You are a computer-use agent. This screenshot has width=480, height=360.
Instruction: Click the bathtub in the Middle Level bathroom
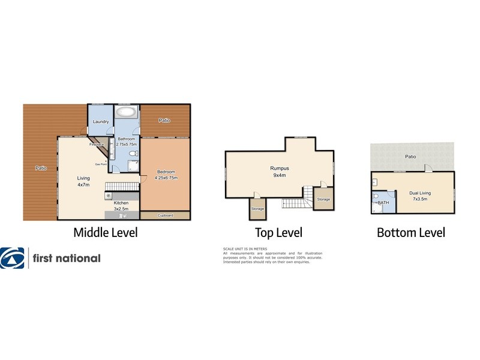pyautogui.click(x=126, y=112)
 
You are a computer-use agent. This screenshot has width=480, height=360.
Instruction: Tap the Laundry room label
pyautogui.click(x=101, y=122)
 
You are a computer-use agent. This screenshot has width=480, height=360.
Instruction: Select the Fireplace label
pyautogui.click(x=97, y=145)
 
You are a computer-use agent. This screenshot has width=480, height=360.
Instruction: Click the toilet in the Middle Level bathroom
pyautogui.click(x=135, y=155)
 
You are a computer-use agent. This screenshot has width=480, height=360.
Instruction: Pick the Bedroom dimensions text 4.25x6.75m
pyautogui.click(x=166, y=178)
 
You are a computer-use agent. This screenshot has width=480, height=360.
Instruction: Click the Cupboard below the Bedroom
pyautogui.click(x=165, y=215)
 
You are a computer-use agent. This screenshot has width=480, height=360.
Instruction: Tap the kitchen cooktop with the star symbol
pyautogui.click(x=109, y=196)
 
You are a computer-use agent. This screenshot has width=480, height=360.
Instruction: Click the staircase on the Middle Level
pyautogui.click(x=122, y=186)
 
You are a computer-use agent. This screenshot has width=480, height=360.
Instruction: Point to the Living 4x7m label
pyautogui.click(x=83, y=181)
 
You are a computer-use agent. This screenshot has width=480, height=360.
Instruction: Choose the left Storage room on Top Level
pyautogui.click(x=257, y=208)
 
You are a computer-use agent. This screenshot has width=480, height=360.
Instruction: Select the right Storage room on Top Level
pyautogui.click(x=323, y=199)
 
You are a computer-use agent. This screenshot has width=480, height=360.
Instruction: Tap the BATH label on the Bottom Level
pyautogui.click(x=383, y=203)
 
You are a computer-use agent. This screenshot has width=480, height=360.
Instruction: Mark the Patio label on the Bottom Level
pyautogui.click(x=410, y=157)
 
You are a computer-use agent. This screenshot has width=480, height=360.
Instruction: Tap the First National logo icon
pyautogui.click(x=13, y=258)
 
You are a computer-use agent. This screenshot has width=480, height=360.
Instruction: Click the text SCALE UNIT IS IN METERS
pyautogui.click(x=245, y=248)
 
